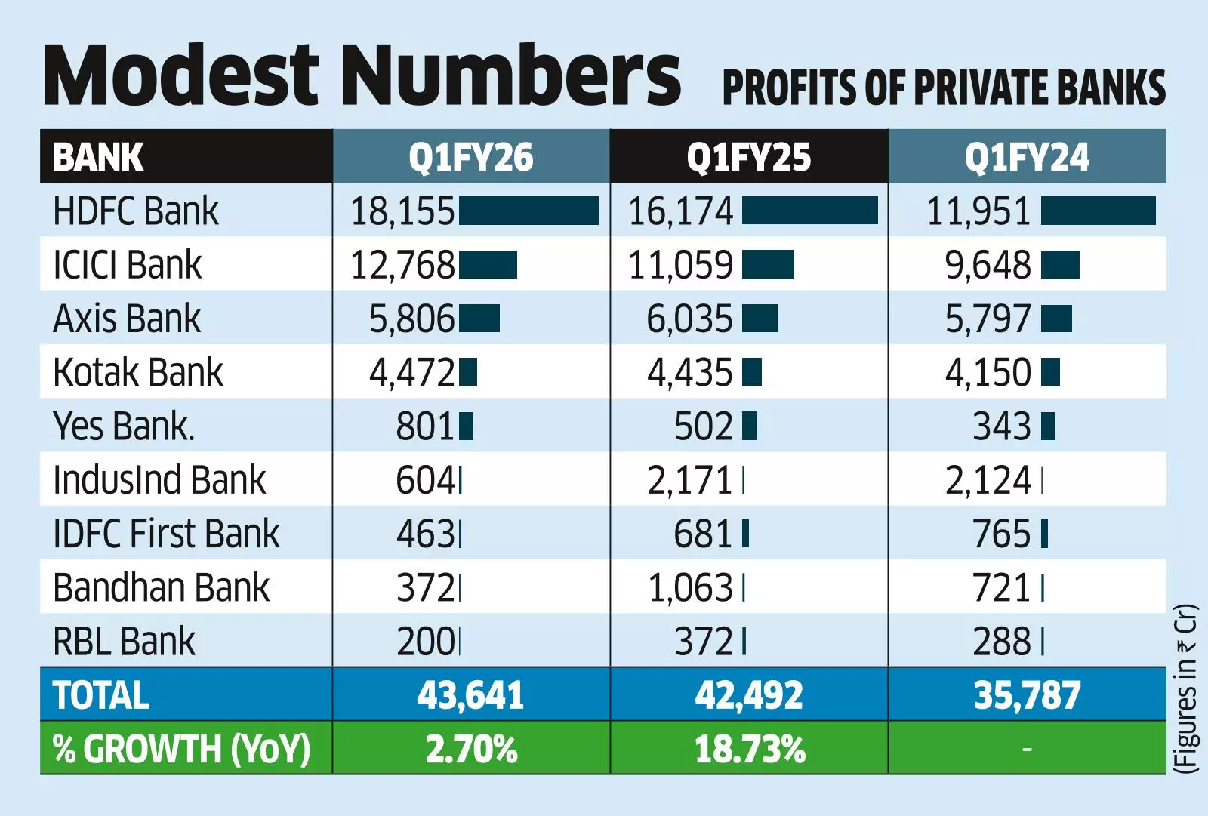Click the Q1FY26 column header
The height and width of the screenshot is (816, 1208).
470,157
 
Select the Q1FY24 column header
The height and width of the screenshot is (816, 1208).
1026,157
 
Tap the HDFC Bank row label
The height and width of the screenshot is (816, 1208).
136,211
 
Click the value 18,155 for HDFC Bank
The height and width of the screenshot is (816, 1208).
402,211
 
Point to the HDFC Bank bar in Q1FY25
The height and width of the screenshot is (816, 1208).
809,211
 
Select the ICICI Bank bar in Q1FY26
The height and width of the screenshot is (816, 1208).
488,265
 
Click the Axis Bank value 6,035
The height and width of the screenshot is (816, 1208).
689,319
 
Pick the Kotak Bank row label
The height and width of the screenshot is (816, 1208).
138,372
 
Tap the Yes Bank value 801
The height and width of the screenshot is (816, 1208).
424,426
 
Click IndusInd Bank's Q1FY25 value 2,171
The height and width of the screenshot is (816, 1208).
689,480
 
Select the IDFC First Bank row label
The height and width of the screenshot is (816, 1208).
166,534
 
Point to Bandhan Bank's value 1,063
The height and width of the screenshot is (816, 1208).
690,588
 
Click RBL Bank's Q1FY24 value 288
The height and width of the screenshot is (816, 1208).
1001,642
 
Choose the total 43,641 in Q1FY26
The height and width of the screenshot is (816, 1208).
470,695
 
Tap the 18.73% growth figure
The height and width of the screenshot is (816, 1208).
749,750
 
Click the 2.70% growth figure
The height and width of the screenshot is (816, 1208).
471,750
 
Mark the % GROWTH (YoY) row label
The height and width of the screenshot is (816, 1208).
181,750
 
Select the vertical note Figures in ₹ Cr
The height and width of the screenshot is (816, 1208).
1186,688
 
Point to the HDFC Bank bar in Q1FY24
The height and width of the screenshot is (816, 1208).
1098,211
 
